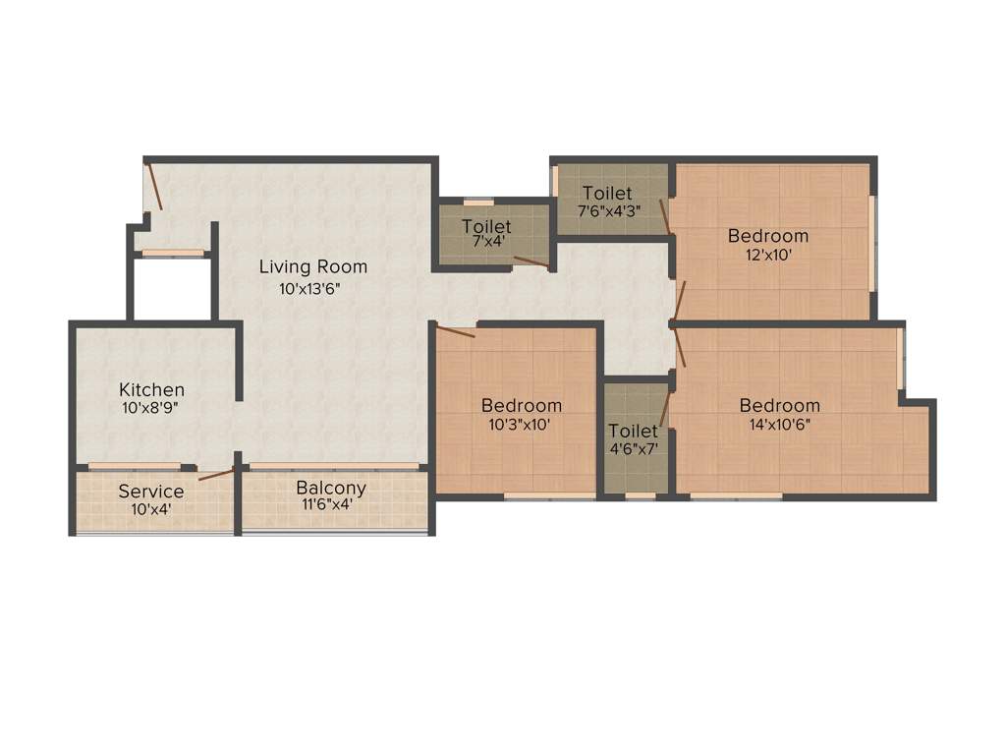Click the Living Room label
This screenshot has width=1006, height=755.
coord(312,266)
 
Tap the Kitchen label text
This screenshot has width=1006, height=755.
coord(151,390)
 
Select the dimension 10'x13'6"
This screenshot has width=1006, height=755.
coord(309,289)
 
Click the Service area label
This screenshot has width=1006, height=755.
coord(150,491)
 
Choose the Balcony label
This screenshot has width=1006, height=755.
coord(331,488)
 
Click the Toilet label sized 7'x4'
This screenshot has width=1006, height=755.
coord(486,226)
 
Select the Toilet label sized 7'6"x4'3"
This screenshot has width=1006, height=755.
coord(607,193)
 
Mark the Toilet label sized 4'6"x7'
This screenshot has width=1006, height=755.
coord(633,431)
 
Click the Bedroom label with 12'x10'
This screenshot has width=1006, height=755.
coord(767,236)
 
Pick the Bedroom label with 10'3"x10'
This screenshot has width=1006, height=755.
coord(521,405)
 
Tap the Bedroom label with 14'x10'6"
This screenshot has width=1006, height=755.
coord(779,406)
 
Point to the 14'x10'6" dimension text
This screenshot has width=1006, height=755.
coord(779,425)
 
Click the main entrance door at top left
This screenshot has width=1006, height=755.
coord(153,187)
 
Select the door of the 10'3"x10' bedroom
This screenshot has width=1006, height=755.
coord(456,332)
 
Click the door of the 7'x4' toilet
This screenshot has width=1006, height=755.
coord(531,261)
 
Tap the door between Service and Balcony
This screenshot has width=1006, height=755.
coord(216,475)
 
